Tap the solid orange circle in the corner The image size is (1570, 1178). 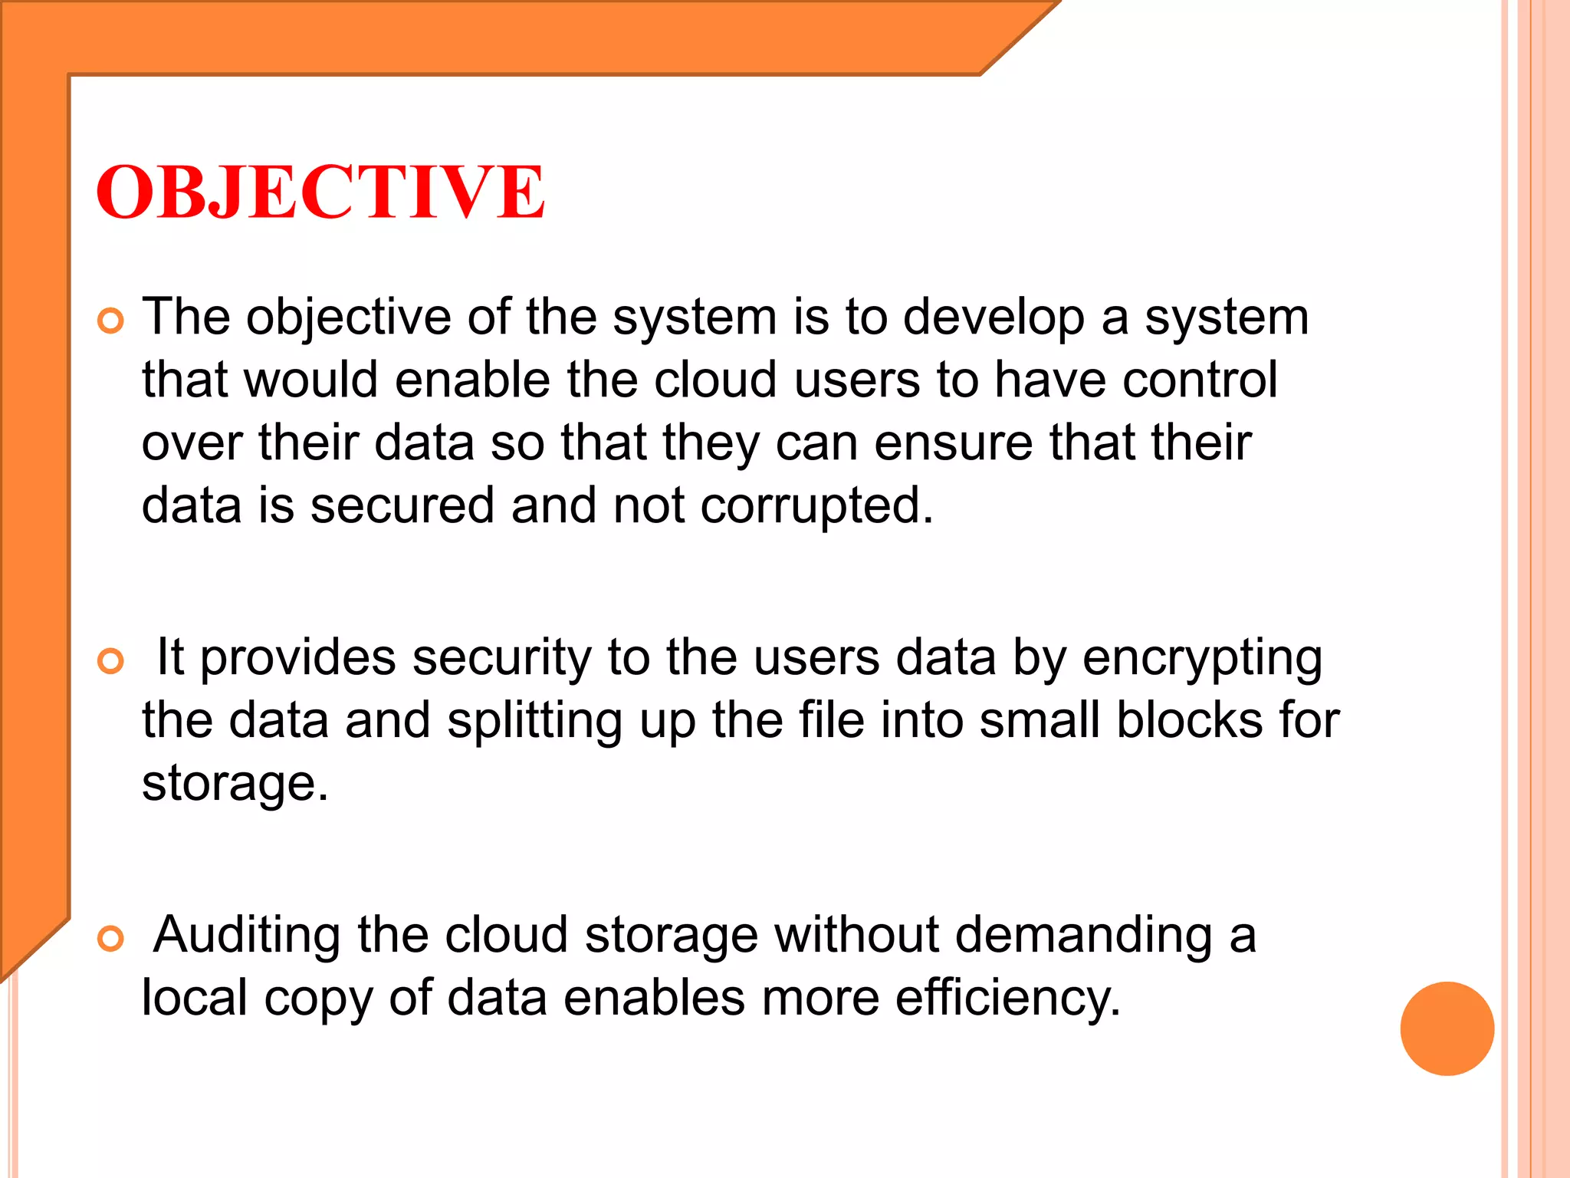[1447, 1028]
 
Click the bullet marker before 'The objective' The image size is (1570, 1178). [111, 321]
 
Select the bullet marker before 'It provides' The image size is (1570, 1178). [111, 661]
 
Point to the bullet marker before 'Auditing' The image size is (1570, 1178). [111, 938]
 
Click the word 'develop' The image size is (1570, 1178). [994, 318]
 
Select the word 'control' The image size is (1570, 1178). [1200, 380]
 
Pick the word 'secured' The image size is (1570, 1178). [402, 506]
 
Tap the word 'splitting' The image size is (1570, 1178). [534, 722]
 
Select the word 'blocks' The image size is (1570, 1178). [1189, 720]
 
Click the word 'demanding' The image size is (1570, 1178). [1083, 936]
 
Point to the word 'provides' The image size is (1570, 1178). [298, 659]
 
